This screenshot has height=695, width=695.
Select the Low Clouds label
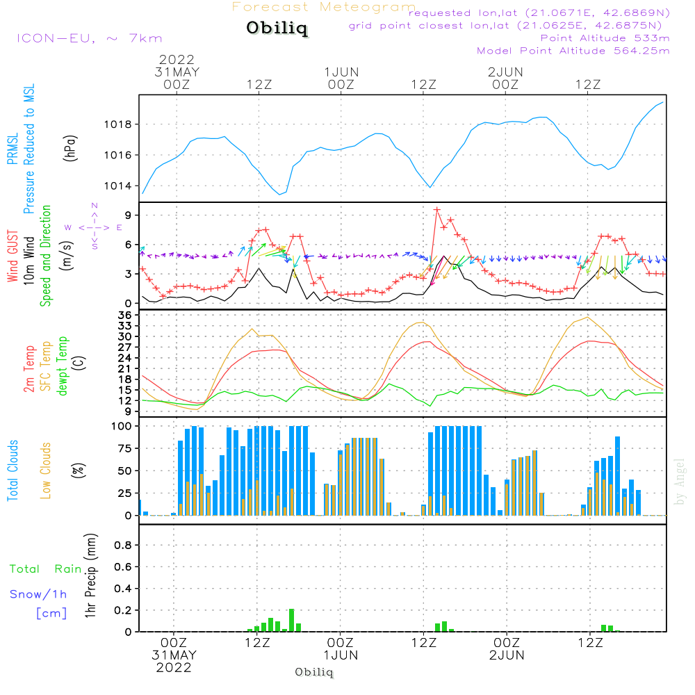pos(46,469)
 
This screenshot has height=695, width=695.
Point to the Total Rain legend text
pos(46,569)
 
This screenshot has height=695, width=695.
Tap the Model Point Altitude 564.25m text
pos(573,50)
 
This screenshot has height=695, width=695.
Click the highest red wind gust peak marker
pos(437,209)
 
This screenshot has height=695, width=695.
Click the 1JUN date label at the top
pos(341,72)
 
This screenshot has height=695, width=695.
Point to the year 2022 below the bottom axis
pos(174,667)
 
